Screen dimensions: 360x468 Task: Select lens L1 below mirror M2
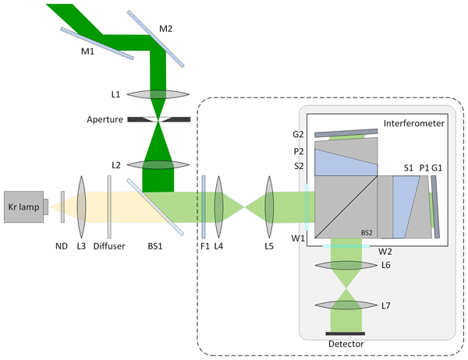(x=159, y=94)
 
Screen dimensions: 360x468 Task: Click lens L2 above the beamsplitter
(x=159, y=164)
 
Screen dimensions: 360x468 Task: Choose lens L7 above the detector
(x=346, y=305)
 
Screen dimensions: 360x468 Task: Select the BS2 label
(x=366, y=231)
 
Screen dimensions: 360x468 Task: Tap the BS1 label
(x=155, y=246)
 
